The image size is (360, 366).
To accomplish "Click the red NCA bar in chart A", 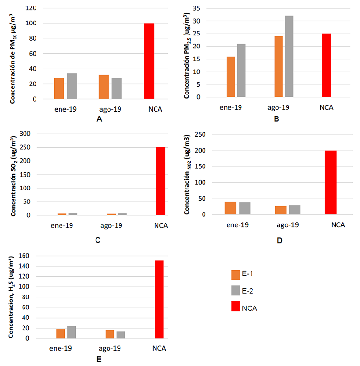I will tap(149, 61).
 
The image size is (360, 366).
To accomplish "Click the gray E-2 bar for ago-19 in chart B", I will tap(289, 57).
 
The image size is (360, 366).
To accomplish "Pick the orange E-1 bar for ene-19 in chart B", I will tap(231, 77).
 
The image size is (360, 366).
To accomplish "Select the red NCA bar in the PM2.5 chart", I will tap(326, 65).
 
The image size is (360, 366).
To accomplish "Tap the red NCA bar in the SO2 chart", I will tap(161, 181).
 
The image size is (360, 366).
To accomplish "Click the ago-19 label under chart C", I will tap(112, 225).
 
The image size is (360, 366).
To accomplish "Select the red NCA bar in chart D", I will tap(331, 182).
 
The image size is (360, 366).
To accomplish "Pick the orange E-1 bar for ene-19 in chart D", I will tap(230, 208).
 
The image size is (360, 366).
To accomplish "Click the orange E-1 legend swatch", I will tap(235, 274).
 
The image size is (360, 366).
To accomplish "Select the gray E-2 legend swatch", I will tap(235, 290).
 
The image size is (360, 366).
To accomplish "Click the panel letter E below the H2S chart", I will tap(98, 359).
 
